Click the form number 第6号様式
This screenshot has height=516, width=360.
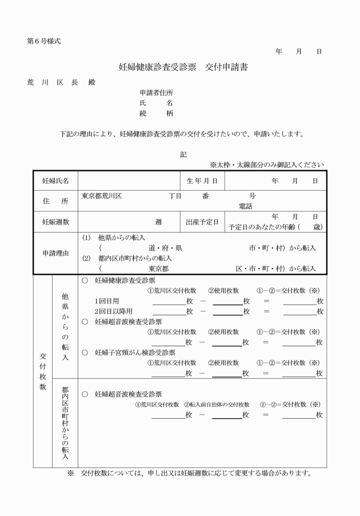pos(43,41)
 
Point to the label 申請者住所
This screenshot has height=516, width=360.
pos(157,93)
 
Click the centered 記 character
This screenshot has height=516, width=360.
pos(183,154)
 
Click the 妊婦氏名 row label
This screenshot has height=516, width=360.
pos(55,181)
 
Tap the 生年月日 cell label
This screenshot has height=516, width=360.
pos(202,181)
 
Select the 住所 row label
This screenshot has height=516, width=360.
pos(55,201)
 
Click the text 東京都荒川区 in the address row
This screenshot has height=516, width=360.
pos(102,196)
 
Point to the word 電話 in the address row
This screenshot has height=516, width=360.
pos(246,206)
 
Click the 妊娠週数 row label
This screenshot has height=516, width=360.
pos(55,222)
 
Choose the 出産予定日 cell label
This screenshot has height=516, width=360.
pos(202,222)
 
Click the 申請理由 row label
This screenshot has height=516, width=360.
pos(55,253)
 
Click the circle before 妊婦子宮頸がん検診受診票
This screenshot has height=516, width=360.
pos(85,353)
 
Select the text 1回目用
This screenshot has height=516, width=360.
pos(107,301)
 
